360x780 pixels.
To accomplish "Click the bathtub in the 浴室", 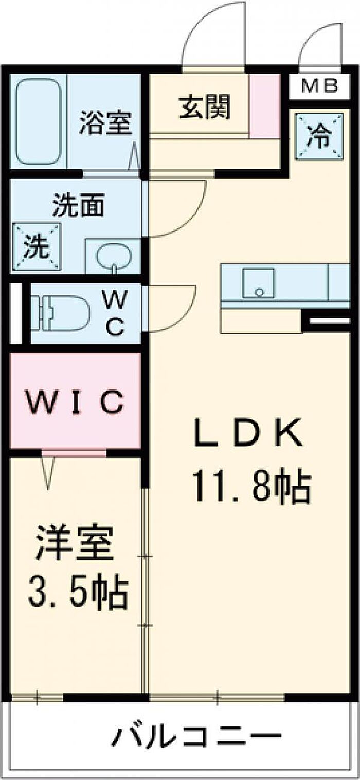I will (x=38, y=121).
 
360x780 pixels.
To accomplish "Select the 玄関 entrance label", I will (x=205, y=108).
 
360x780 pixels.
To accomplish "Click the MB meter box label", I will (x=319, y=86).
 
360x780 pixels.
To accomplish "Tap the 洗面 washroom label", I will (x=79, y=205).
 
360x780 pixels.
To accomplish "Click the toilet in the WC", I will (x=59, y=312).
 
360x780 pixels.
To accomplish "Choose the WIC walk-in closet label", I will (x=75, y=402).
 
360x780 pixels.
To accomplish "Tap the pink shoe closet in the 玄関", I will (x=265, y=105).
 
